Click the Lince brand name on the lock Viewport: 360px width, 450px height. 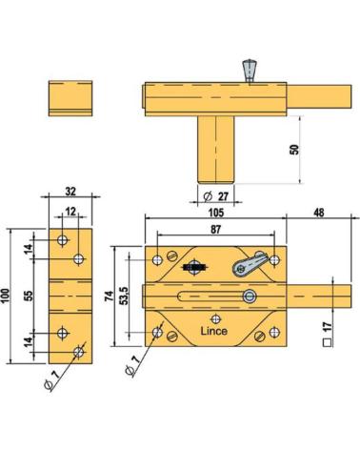click(x=214, y=331)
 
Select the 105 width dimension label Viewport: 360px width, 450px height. click(x=216, y=213)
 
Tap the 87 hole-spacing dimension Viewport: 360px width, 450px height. click(x=215, y=229)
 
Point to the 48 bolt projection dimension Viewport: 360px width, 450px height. click(x=319, y=213)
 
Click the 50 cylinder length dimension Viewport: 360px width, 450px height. click(x=295, y=150)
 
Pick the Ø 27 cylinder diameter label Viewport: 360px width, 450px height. click(x=216, y=196)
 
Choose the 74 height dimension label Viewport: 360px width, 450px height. click(x=109, y=296)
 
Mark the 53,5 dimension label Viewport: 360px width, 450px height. click(x=124, y=296)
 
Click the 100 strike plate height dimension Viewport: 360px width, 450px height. click(x=6, y=296)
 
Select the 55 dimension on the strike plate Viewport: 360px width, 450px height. click(x=29, y=296)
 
